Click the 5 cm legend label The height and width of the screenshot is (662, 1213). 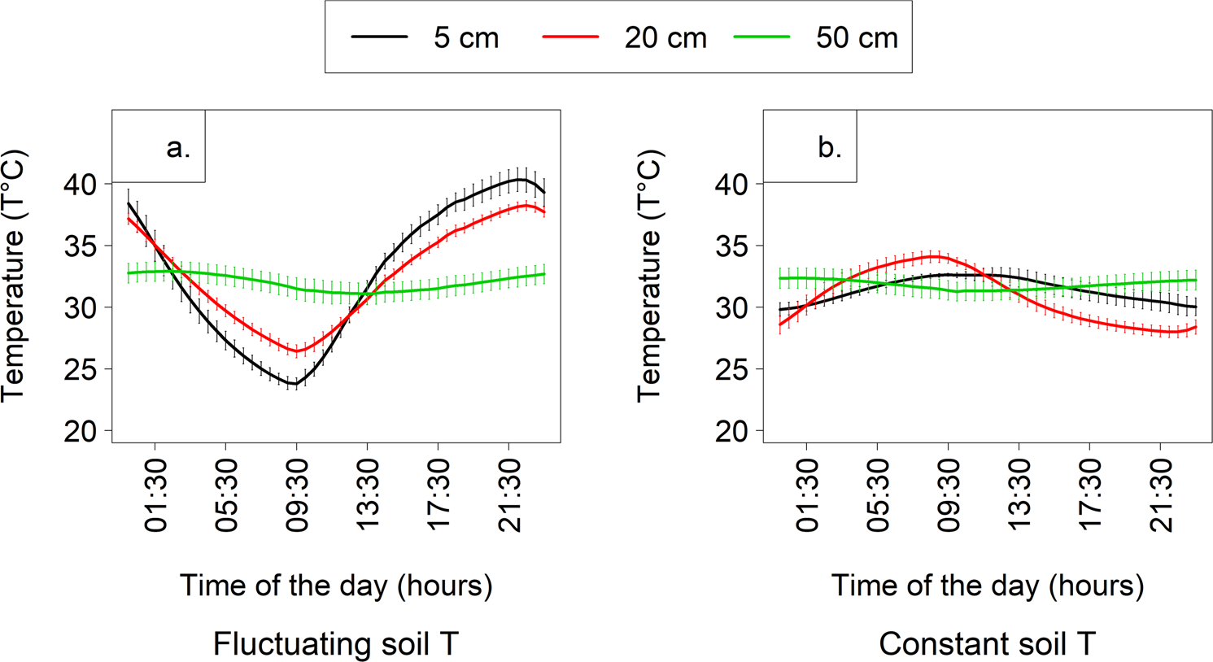pos(465,37)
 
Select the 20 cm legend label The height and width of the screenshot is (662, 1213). pos(665,37)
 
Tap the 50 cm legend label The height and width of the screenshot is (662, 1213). pos(857,37)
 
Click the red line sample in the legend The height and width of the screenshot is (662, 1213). pos(570,37)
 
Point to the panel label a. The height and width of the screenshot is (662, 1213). pos(178,148)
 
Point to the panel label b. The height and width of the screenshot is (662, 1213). pos(829,148)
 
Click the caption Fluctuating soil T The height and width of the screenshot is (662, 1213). pos(335,644)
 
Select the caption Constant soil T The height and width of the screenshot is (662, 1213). pos(987,644)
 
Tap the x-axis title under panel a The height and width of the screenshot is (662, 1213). pos(335,586)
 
